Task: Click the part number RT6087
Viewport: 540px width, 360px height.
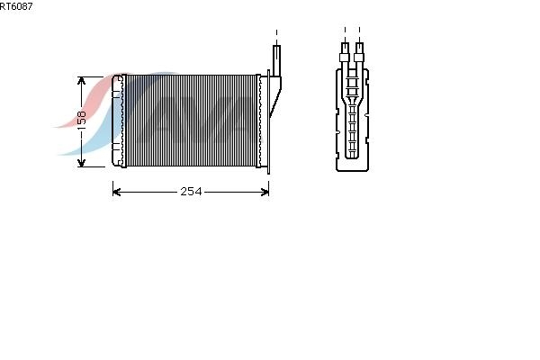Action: (16, 6)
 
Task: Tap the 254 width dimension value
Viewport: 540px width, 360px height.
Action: (191, 192)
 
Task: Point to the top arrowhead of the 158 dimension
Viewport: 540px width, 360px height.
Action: (81, 81)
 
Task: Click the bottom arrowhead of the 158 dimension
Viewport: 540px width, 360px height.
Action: (81, 163)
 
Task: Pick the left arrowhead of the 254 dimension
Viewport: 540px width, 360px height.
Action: (117, 192)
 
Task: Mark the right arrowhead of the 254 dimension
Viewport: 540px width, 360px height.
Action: (265, 192)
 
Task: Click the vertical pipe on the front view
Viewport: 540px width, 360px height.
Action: (276, 60)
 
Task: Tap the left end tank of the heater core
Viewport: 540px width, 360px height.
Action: (117, 121)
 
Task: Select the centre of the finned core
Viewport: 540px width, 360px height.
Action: (191, 121)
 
